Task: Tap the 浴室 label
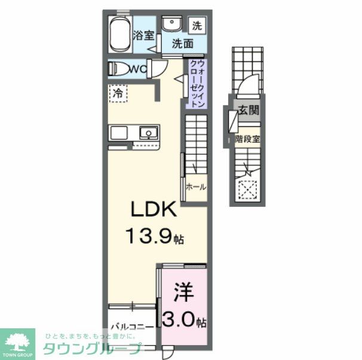[x=144, y=36]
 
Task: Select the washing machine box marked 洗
[x=197, y=26]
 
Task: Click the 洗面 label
[x=183, y=44]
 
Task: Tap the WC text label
[x=138, y=69]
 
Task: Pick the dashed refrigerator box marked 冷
[x=118, y=94]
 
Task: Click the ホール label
[x=196, y=187]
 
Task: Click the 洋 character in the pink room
[x=182, y=293]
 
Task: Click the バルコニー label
[x=132, y=327]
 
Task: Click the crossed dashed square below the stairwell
[x=246, y=191]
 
